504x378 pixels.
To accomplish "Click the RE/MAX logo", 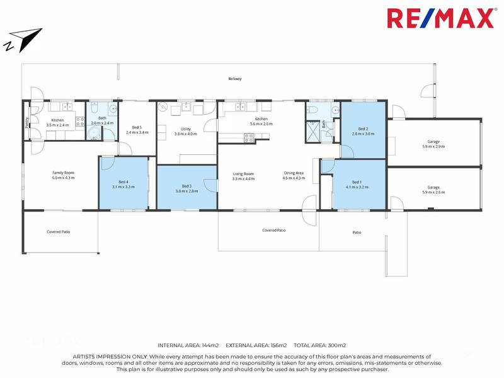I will coord(440,18).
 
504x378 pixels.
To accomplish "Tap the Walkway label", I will coord(235,79).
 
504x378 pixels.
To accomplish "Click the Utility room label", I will coord(186,129).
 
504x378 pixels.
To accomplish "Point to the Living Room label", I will coord(243,173).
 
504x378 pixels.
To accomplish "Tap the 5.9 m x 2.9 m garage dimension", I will coord(433,146).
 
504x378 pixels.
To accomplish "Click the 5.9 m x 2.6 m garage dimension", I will coord(433,192).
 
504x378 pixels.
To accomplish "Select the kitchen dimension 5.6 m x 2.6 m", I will coord(261,123).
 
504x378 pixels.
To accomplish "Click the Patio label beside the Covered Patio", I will coord(357,233).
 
